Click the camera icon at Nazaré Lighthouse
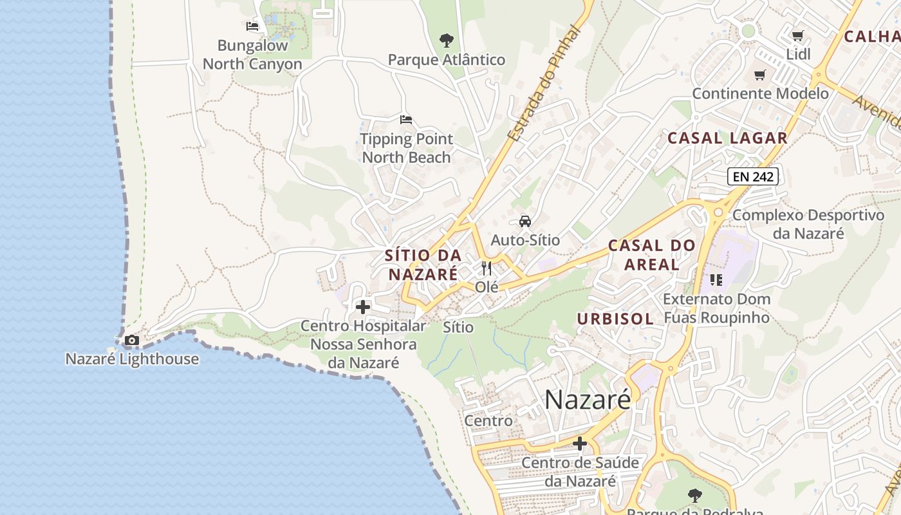point(132,340)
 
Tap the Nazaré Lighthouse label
point(132,359)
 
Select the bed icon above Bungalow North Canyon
point(252,26)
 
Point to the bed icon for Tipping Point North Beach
point(405,120)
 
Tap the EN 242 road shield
point(753,176)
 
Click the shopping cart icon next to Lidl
point(798,36)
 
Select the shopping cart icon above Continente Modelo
point(760,75)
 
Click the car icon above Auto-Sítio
point(525,221)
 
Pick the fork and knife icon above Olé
point(487,268)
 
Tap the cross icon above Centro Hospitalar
point(363,307)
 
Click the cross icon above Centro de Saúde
point(580,444)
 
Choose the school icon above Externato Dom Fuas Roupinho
point(716,280)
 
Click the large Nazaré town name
point(588,400)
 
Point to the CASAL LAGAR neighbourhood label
point(727,138)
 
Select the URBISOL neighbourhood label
point(615,319)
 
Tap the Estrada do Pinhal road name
point(544,84)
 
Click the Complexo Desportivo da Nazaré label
point(808,224)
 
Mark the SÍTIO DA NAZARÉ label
point(423,264)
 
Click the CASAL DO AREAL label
point(652,255)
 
